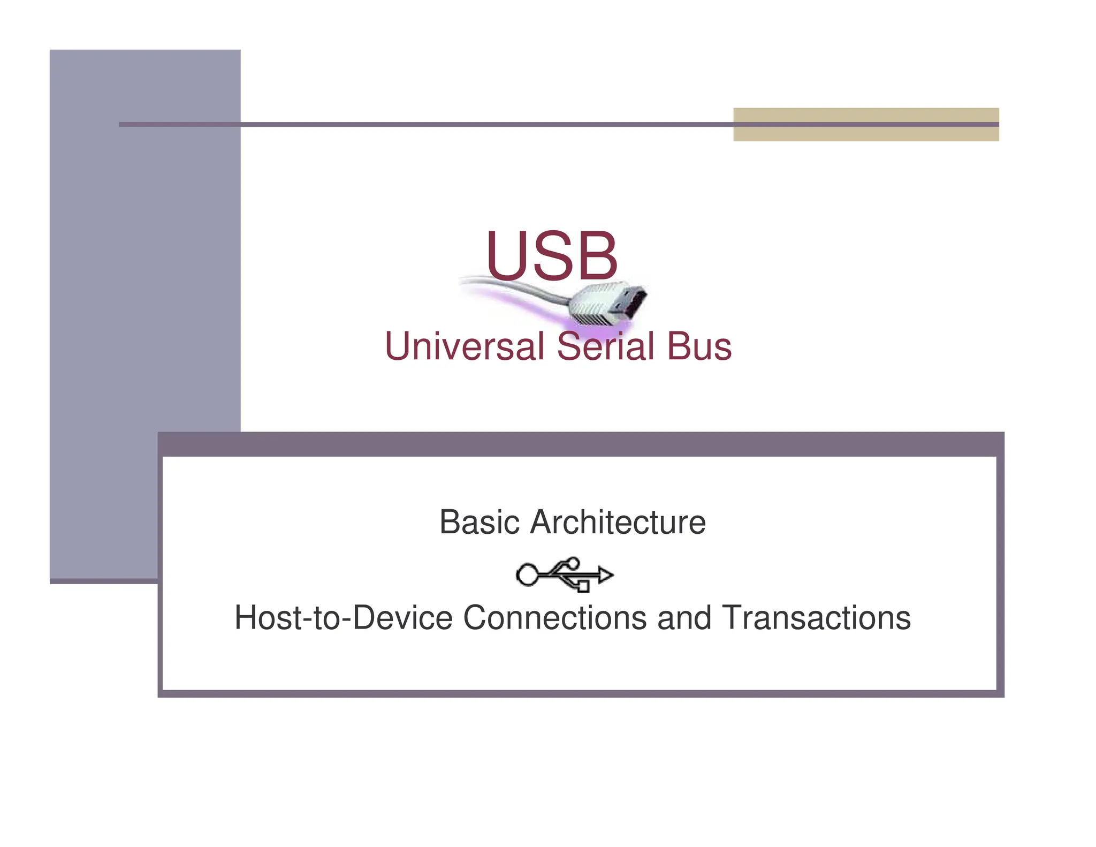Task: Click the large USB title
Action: (x=552, y=255)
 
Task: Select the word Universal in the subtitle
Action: (x=464, y=346)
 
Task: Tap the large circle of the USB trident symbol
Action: (x=527, y=575)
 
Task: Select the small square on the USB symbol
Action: (x=583, y=587)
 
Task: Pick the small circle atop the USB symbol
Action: (x=573, y=563)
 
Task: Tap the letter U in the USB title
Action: (x=506, y=255)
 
